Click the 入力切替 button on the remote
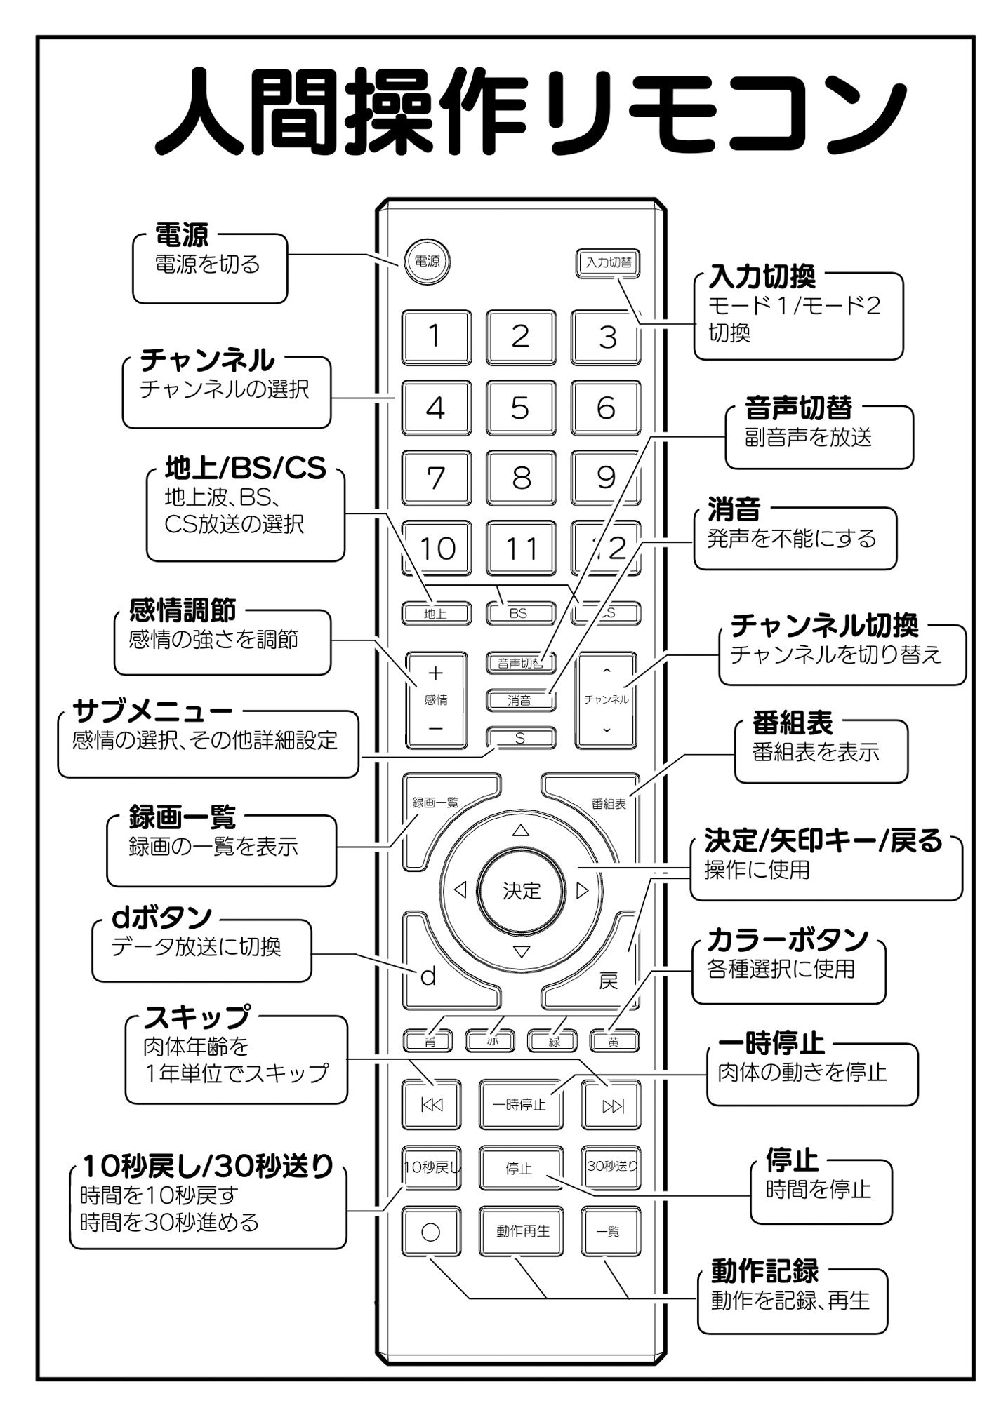pos(608,263)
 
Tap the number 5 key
pos(520,408)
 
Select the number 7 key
pos(436,478)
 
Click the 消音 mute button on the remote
pos(520,699)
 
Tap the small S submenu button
pos(520,738)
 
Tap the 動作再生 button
pos(522,1231)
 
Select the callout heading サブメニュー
pos(152,711)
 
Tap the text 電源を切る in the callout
pos(207,264)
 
